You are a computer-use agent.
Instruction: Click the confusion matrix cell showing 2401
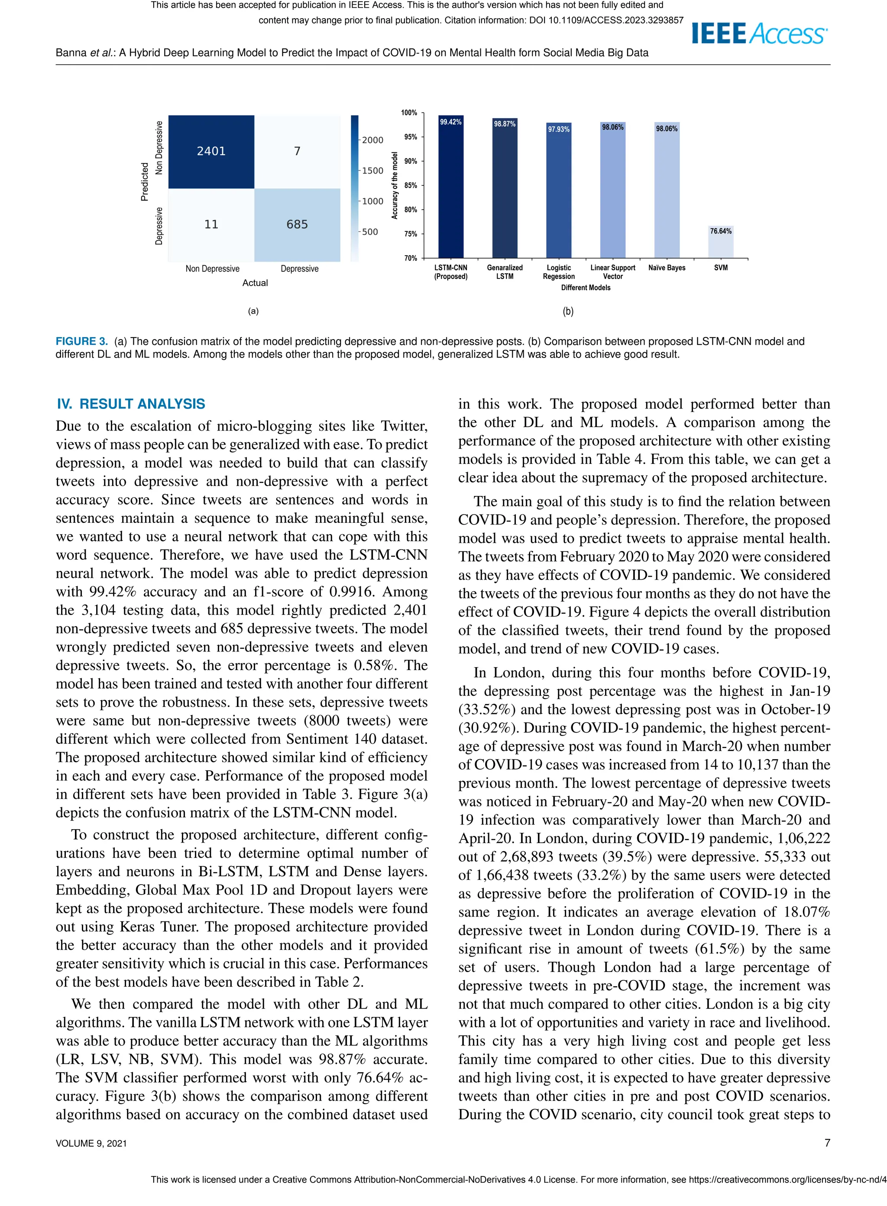click(211, 152)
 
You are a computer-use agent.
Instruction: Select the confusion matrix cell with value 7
click(297, 152)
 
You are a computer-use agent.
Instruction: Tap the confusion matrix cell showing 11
click(211, 224)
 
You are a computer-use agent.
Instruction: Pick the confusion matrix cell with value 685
click(297, 224)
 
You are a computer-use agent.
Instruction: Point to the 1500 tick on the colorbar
click(372, 171)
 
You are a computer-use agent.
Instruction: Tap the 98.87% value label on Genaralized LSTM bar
click(505, 124)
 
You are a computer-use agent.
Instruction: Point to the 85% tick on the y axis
click(411, 186)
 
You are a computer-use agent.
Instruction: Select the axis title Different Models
click(586, 288)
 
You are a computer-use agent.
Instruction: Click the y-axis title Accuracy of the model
click(395, 185)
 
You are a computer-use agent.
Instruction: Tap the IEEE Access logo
click(759, 34)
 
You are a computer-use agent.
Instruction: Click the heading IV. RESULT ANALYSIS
click(131, 404)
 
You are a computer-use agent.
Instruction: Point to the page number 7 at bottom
click(827, 1143)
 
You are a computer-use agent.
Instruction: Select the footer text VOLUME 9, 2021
click(91, 1143)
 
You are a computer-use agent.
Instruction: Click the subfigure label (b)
click(568, 311)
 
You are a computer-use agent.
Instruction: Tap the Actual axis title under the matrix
click(255, 283)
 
